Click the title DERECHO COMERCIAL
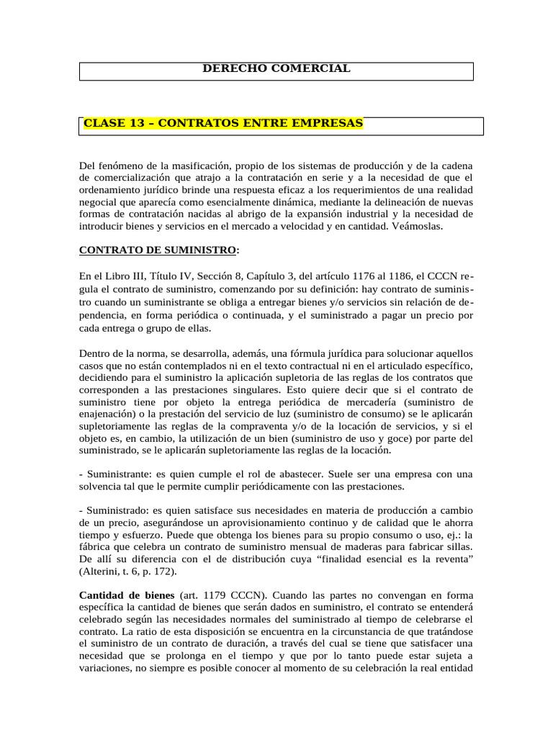tap(276, 68)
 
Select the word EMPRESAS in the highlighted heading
tap(328, 123)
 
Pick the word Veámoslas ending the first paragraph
tap(419, 226)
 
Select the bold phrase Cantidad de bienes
tap(127, 595)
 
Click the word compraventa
tap(251, 425)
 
